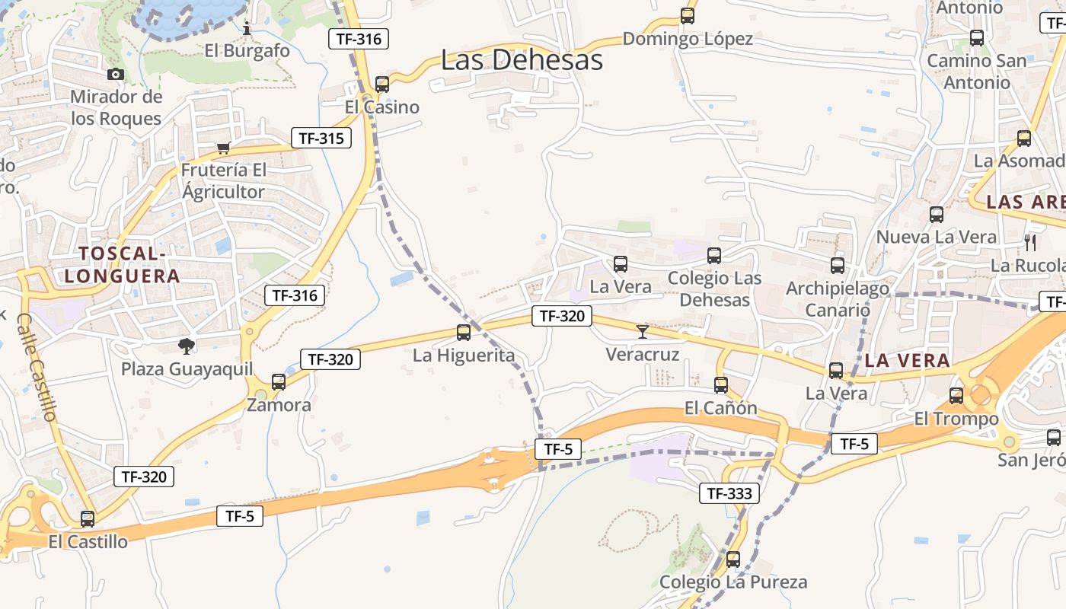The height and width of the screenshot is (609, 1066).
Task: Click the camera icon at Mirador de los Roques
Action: [x=116, y=74]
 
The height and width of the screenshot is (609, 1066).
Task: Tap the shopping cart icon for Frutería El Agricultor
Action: [x=223, y=148]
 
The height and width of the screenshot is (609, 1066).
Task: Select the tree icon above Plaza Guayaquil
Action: [x=186, y=346]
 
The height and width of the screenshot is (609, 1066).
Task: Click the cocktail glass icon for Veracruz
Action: [x=643, y=331]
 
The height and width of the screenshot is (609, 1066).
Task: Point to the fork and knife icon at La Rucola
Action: [x=1031, y=243]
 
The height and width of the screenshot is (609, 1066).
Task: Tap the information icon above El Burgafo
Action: [x=247, y=28]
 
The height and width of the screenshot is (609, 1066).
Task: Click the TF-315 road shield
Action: [x=321, y=138]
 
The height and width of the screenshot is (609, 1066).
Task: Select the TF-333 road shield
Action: [x=729, y=493]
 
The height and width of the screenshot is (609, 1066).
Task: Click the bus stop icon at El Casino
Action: [x=382, y=84]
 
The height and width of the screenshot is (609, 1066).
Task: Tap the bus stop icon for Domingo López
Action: [x=688, y=15]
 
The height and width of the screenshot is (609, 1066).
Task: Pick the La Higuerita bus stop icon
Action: [x=464, y=333]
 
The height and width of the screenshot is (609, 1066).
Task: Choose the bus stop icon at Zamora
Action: [x=279, y=382]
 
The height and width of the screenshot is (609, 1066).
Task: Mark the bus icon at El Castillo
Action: [x=88, y=519]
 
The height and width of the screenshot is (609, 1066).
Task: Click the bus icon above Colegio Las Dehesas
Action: [x=714, y=256]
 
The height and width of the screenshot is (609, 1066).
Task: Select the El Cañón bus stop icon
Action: [x=721, y=385]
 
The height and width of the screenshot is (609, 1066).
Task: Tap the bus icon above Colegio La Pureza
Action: [x=733, y=560]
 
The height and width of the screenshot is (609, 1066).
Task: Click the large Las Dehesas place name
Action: [x=522, y=60]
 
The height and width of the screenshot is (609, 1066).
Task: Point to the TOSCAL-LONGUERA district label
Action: [x=122, y=264]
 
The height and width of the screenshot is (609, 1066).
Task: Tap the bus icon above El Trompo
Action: [x=956, y=396]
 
